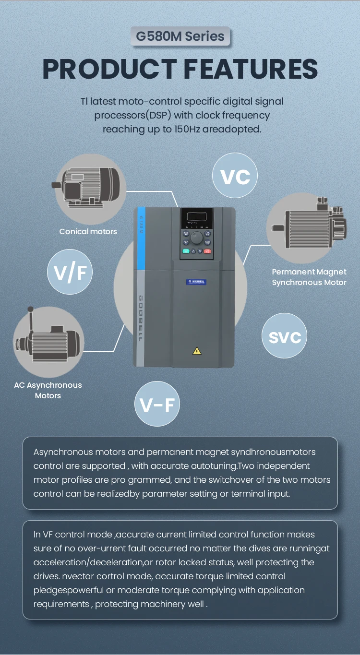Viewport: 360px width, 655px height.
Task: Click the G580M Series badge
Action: tap(180, 36)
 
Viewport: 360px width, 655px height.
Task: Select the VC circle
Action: tap(235, 176)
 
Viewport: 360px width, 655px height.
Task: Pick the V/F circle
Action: tap(70, 272)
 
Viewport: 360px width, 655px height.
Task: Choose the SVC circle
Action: tap(285, 336)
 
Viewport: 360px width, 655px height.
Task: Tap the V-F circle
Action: tap(157, 404)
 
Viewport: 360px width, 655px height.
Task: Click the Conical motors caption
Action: tap(88, 231)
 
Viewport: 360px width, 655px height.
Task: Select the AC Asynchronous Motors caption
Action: tap(48, 390)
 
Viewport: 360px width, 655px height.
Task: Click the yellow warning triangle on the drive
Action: tap(197, 351)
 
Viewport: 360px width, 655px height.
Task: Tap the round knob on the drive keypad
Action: tap(197, 238)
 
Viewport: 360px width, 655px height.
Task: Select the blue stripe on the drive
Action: tap(141, 238)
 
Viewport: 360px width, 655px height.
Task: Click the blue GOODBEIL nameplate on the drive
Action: tap(196, 282)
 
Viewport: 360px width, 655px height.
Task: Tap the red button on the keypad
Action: tap(207, 250)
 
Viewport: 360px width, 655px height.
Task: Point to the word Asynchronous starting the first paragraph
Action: tap(62, 452)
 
